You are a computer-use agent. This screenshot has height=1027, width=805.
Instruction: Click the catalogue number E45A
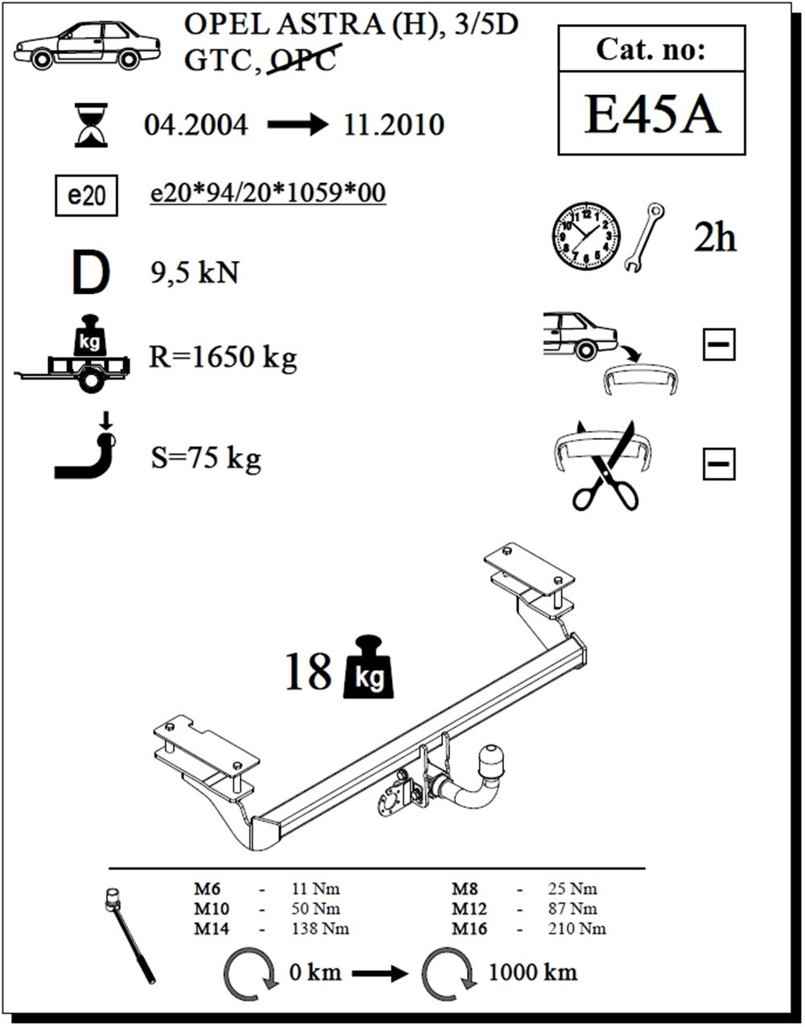tap(651, 114)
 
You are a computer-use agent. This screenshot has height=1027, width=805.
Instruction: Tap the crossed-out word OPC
tap(303, 60)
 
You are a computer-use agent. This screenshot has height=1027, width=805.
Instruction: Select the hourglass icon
tap(91, 125)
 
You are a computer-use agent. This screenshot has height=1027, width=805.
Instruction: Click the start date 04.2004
tap(196, 125)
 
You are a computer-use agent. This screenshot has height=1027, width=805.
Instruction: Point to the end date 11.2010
tap(394, 125)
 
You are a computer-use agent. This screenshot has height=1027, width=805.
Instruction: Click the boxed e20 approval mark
tap(86, 196)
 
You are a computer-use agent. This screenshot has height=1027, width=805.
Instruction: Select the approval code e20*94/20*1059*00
tap(268, 193)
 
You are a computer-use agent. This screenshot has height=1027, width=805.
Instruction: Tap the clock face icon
tap(586, 236)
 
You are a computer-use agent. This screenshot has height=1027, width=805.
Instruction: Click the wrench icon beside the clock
tap(644, 238)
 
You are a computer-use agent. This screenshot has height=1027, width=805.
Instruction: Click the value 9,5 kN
tap(195, 272)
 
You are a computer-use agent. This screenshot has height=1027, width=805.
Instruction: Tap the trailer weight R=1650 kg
tap(223, 357)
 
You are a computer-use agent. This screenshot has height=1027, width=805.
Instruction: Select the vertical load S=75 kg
tap(205, 458)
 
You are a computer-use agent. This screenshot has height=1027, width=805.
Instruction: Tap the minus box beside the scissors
tap(719, 464)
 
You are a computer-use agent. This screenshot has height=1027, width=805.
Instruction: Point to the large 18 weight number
tap(309, 672)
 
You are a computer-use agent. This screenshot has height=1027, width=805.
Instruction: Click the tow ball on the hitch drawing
tap(491, 760)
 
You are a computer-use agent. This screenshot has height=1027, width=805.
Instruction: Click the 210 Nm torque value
tap(577, 929)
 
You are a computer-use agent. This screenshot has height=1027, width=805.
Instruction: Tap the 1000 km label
tap(533, 972)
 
